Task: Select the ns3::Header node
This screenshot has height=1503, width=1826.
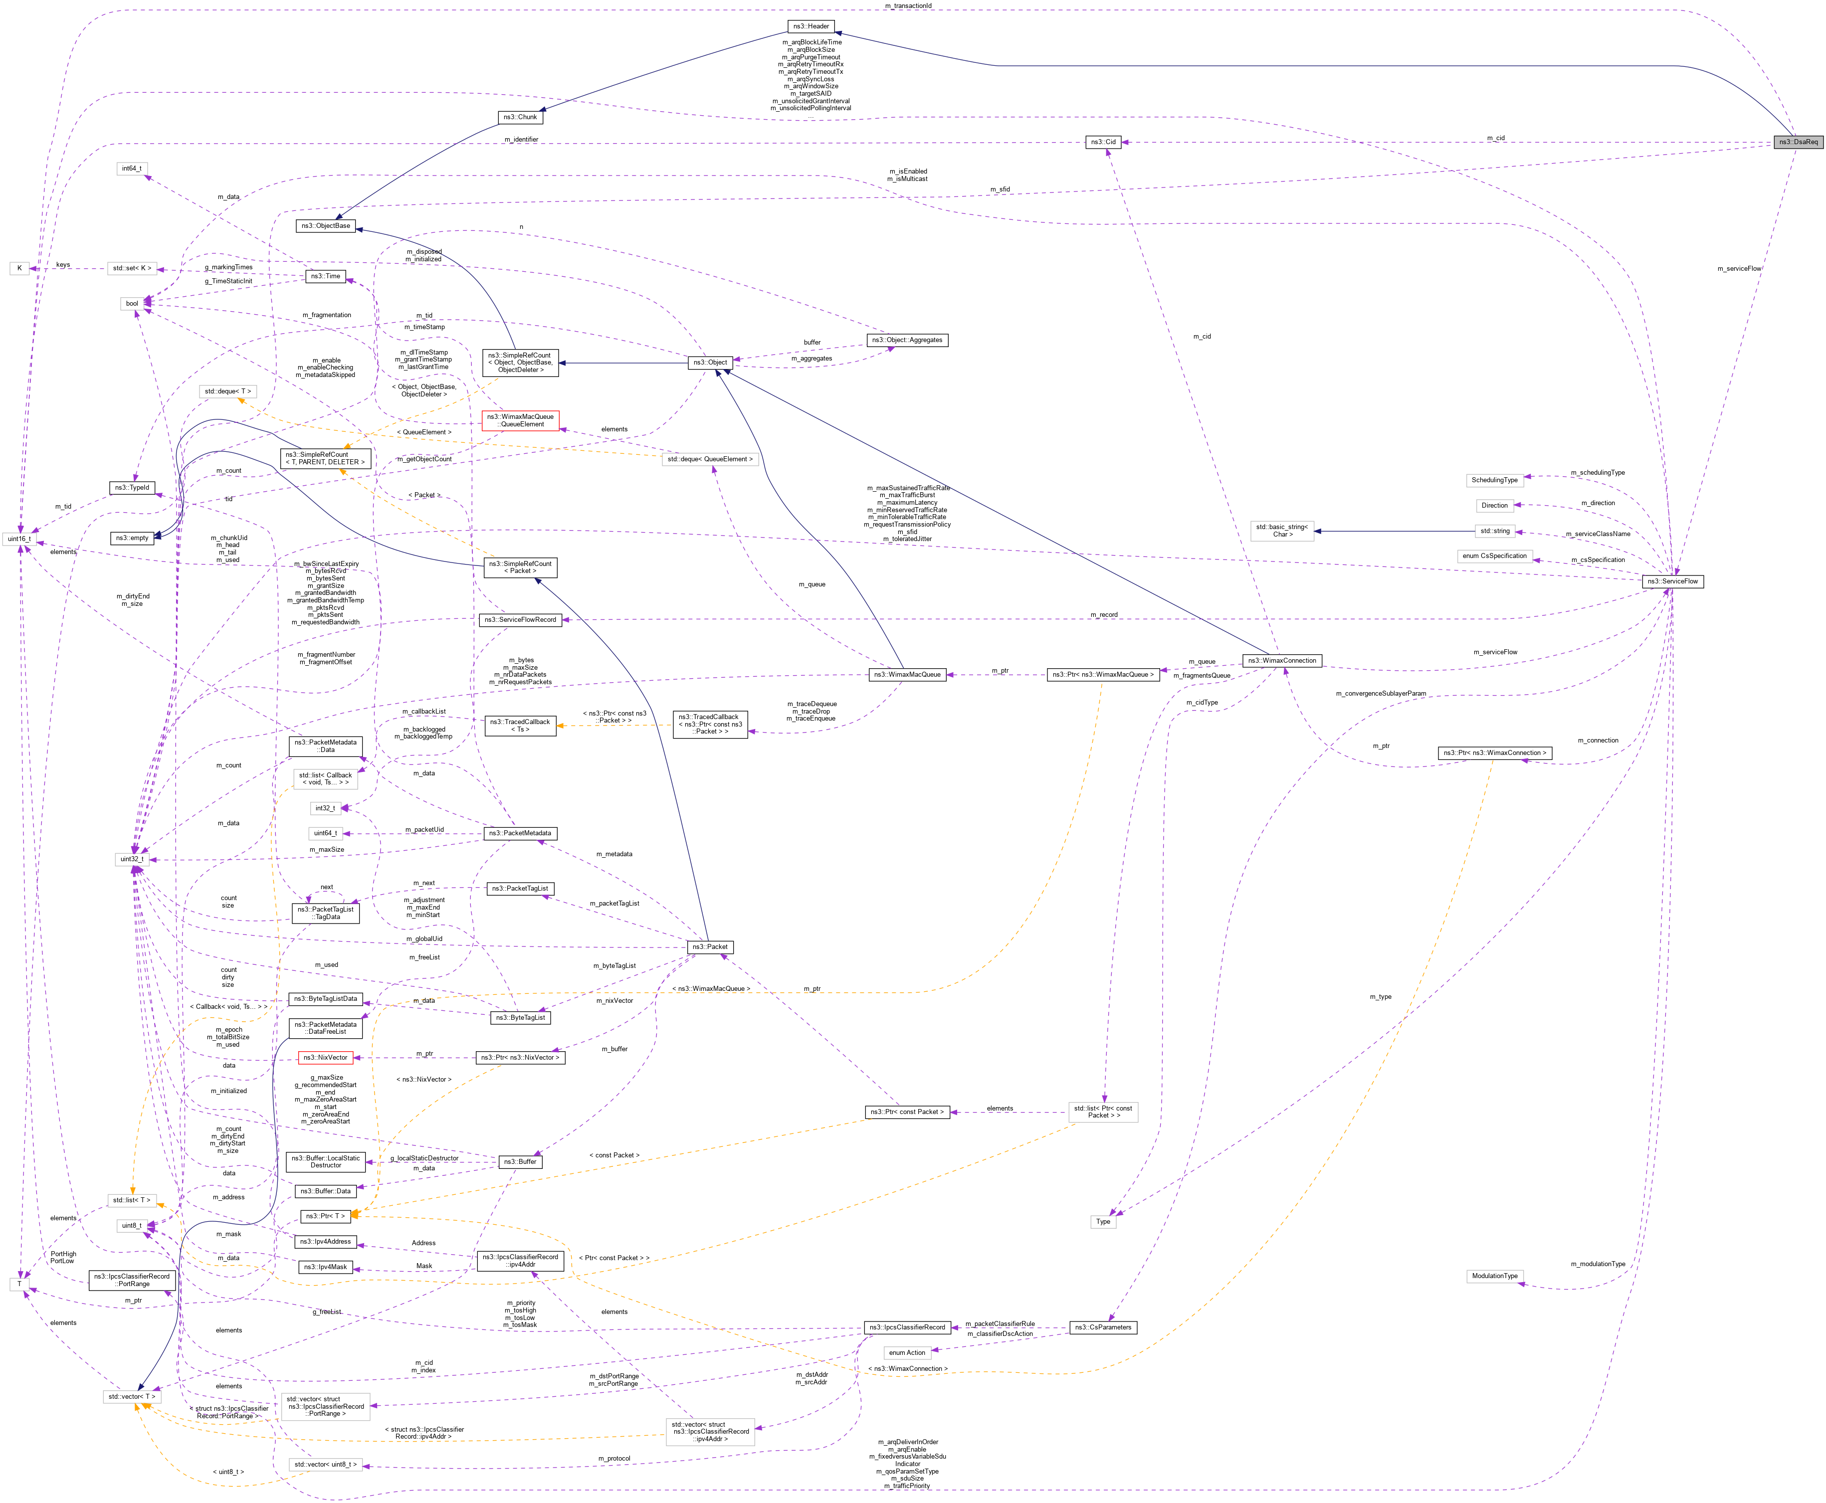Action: (x=811, y=26)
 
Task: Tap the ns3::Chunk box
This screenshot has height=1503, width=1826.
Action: (x=520, y=117)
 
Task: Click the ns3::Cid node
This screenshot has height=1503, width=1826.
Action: (x=1103, y=142)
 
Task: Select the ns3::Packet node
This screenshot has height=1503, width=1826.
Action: (x=710, y=946)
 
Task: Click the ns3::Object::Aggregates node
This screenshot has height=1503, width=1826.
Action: (x=906, y=340)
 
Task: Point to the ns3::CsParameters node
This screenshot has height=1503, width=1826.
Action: (x=1102, y=1327)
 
